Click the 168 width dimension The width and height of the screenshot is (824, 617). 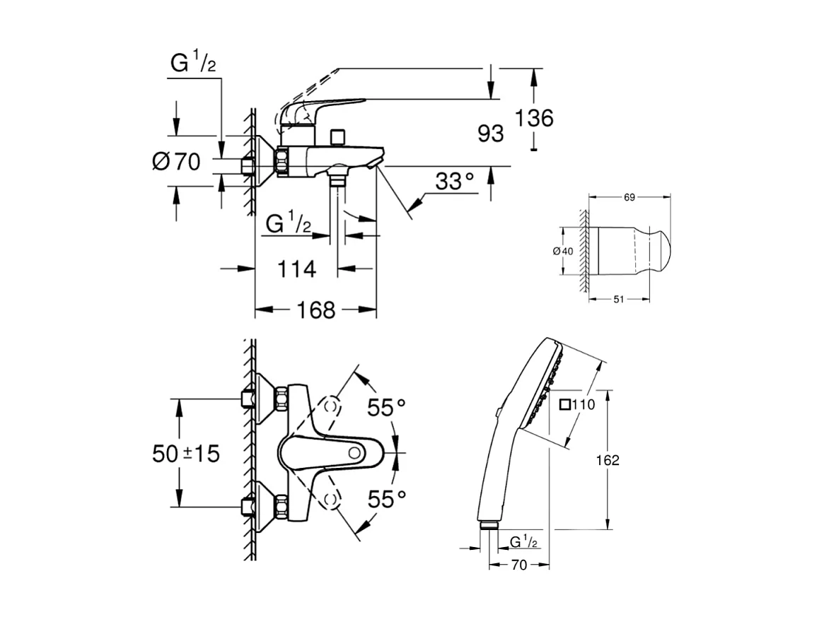click(x=315, y=310)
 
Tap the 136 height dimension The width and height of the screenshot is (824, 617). click(x=535, y=118)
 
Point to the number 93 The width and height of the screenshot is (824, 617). click(x=490, y=133)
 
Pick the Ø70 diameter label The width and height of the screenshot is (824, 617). click(x=176, y=162)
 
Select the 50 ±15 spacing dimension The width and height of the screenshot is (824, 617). click(x=186, y=454)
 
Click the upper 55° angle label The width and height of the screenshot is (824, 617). click(x=386, y=407)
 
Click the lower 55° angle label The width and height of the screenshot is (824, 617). click(x=386, y=499)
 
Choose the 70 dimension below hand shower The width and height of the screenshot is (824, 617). click(x=519, y=565)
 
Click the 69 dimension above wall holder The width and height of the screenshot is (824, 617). click(x=629, y=199)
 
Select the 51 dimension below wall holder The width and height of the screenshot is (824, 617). click(x=617, y=300)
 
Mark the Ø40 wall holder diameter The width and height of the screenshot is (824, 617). click(x=564, y=252)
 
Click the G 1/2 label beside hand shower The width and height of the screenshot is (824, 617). click(x=524, y=541)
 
